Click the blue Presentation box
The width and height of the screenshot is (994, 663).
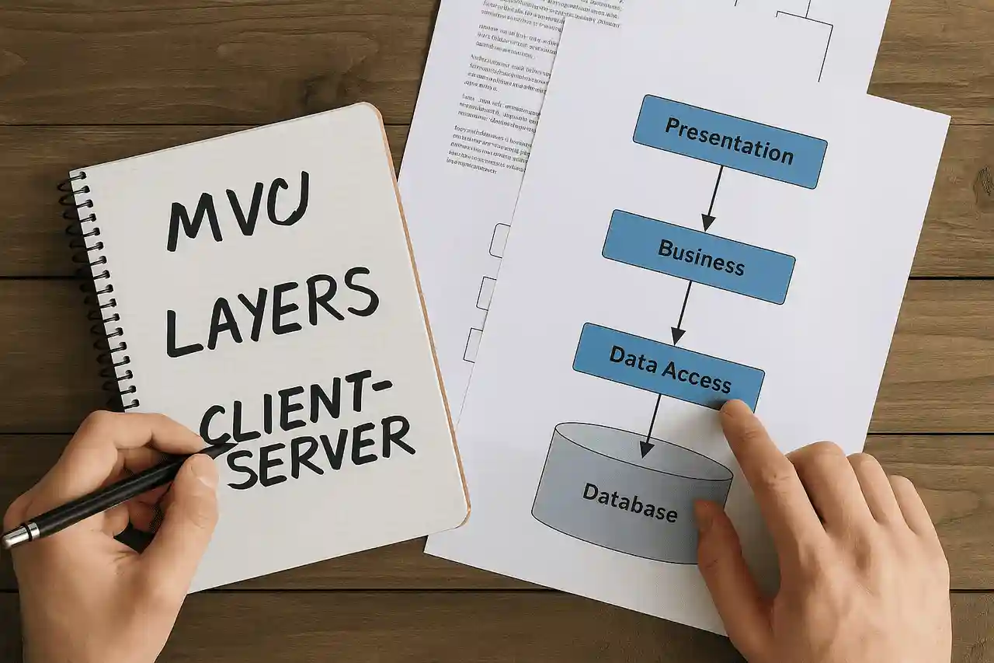click(729, 141)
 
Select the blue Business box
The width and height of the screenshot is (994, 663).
click(698, 256)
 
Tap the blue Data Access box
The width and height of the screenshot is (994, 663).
click(668, 366)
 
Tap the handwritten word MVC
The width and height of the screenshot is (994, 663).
click(238, 209)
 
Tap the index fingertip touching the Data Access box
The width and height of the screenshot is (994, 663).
click(734, 412)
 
